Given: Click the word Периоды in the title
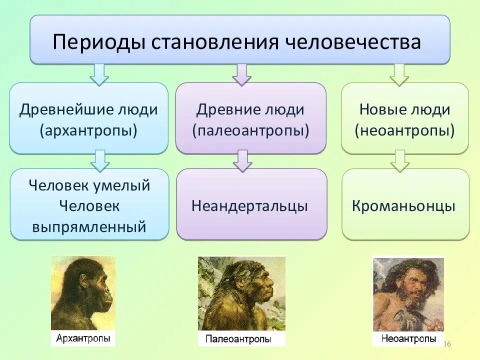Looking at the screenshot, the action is pos(98,42).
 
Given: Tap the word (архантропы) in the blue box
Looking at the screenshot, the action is pos(88,131).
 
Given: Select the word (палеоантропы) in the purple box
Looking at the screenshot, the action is pos(250,131).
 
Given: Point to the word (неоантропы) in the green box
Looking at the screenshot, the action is pos(404,131).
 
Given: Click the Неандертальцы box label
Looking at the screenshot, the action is pos(250,206).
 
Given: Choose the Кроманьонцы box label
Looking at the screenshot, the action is pos(404,206).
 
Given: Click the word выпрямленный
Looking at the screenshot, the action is pos(89,227).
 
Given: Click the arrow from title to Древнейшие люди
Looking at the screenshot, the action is pos(99,74).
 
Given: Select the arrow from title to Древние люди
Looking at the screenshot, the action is pos(242,74).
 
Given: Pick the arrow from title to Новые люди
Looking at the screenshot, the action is pos(399,74).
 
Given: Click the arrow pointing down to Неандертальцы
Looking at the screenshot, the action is pos(243,160).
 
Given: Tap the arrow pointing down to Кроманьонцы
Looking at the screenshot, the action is pos(400,160).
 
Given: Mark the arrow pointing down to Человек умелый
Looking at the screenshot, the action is pos(100,160).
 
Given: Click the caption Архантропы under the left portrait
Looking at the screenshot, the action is pos(83,338).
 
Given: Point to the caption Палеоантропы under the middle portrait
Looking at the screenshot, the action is pos(238,339).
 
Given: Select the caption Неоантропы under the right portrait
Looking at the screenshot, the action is pos(408,338).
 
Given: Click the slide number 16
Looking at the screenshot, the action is pos(447,344).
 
